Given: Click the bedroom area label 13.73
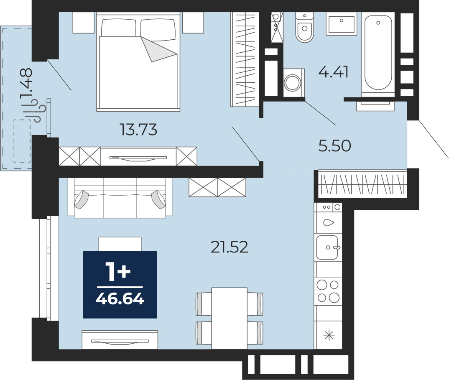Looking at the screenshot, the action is tap(139, 130).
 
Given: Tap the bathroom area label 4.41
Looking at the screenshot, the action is tap(333, 72).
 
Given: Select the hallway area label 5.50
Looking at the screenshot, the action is tap(334, 146).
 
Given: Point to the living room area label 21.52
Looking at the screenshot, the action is tap(230, 247).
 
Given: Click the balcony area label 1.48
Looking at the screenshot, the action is tap(26, 84).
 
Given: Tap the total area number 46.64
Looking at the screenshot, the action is tap(120, 299).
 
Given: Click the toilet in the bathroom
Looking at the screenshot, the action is tap(304, 27).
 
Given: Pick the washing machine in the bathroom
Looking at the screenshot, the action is tap(293, 83).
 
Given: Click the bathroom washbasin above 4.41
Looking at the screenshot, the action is tap(341, 24).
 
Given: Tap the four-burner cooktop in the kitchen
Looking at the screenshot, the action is tap(328, 291).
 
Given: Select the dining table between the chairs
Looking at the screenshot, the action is tap(230, 318).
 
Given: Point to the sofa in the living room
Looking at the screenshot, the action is tap(120, 198).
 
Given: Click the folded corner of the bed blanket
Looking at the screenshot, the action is tap(158, 48).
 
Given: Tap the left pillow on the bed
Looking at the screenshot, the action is tap(119, 28).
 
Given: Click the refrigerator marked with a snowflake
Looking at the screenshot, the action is tap(329, 335).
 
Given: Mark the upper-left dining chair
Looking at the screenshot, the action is tap(204, 304).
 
